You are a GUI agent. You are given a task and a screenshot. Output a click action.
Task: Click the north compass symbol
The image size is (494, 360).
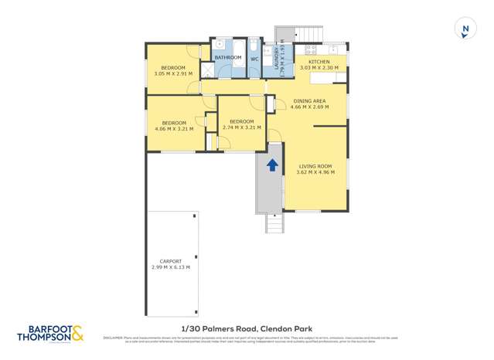click(x=465, y=29)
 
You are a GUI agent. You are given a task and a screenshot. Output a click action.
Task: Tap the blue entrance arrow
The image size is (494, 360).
click(x=272, y=165)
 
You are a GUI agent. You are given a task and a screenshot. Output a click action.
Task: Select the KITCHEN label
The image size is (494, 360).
click(x=319, y=62)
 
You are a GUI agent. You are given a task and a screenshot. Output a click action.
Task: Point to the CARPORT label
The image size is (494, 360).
click(x=170, y=261)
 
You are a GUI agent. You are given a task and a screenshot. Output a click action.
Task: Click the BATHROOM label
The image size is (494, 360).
click(x=228, y=58)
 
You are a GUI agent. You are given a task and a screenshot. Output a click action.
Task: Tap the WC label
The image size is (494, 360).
click(x=254, y=59)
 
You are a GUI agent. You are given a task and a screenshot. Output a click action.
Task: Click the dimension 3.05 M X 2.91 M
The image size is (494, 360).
click(x=173, y=74)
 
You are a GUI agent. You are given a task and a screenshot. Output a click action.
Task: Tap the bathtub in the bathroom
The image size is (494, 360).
click(x=238, y=57)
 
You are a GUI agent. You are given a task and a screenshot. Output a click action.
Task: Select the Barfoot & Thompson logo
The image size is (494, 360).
click(x=50, y=334)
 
